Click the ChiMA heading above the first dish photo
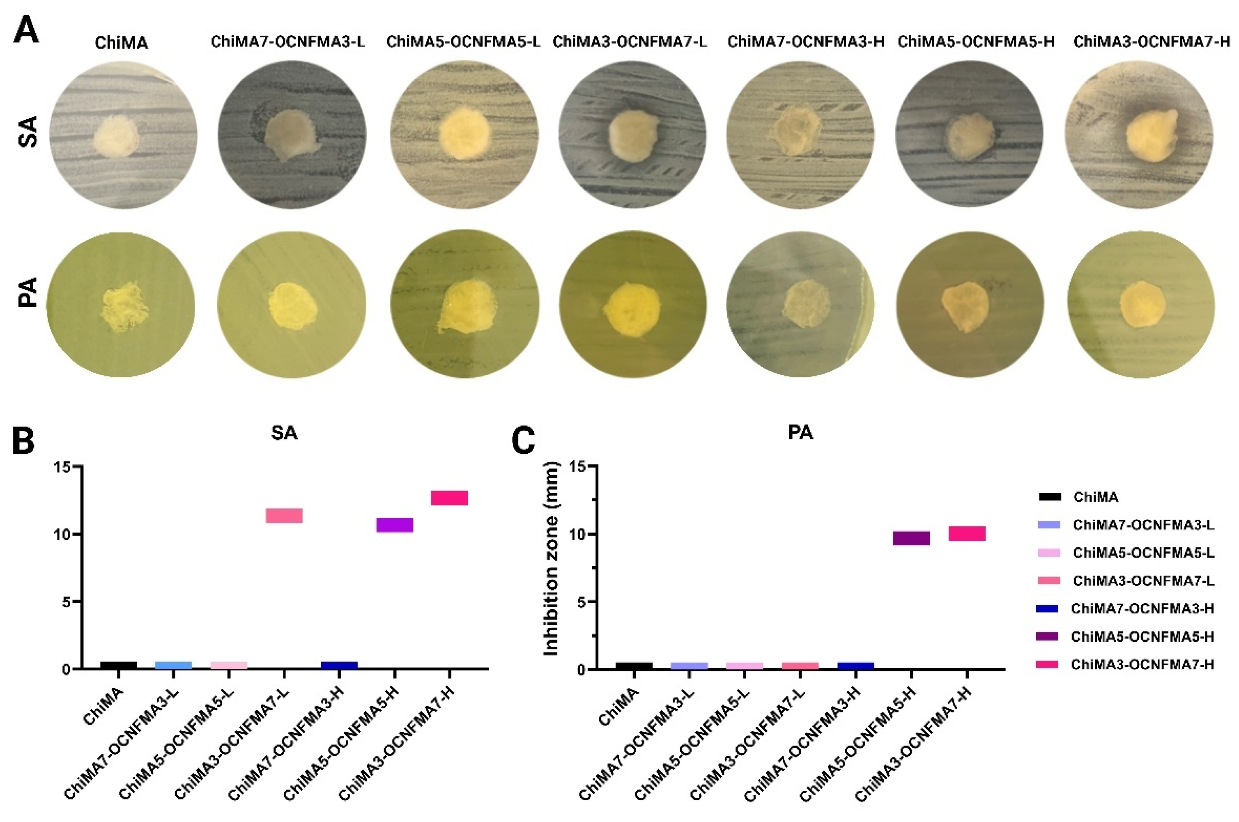(121, 44)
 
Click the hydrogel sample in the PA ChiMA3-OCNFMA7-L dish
(631, 309)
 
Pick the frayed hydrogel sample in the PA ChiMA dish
(124, 306)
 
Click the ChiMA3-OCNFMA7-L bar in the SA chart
(284, 516)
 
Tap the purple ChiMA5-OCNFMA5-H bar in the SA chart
(395, 525)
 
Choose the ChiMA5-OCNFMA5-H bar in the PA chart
(911, 538)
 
